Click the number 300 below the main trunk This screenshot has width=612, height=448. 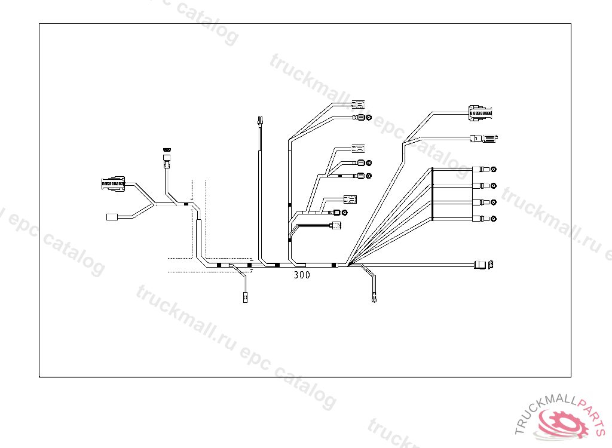302,276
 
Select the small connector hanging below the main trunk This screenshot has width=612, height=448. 245,297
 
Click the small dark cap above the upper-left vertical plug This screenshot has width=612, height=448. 167,150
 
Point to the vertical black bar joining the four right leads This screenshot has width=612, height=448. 432,194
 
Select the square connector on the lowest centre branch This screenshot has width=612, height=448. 336,225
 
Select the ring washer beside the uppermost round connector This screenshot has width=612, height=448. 369,118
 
